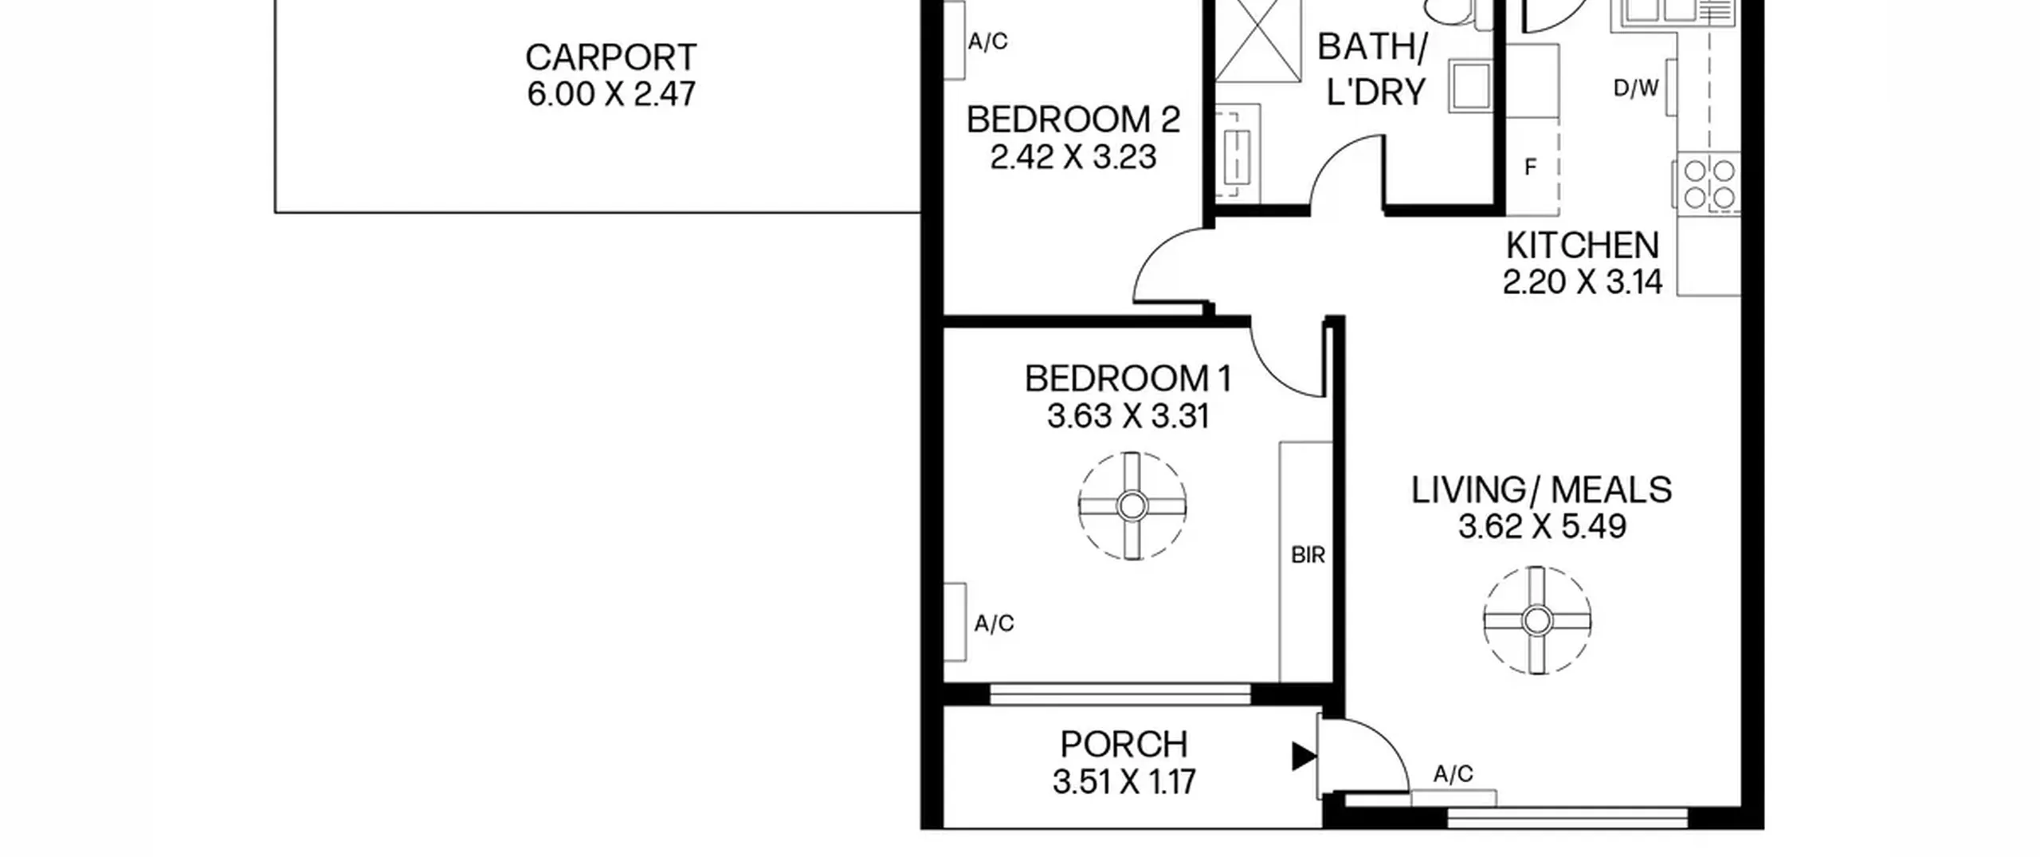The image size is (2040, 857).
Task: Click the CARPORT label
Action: (611, 57)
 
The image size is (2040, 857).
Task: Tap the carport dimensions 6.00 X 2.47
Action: (611, 94)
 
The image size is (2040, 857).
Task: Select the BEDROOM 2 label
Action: (1073, 120)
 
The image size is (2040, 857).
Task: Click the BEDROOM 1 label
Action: (1128, 379)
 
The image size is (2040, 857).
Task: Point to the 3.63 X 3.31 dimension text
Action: (1128, 416)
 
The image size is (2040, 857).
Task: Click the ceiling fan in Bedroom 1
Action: (1132, 505)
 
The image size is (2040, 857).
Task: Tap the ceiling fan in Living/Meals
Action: (1537, 620)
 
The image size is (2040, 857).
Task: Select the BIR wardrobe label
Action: (1308, 555)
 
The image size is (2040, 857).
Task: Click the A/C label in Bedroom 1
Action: (994, 623)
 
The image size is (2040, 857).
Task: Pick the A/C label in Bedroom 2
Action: (988, 41)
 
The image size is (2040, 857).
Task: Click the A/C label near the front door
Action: (1453, 773)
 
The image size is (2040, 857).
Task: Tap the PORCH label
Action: (1124, 745)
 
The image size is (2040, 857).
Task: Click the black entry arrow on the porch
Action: (1304, 757)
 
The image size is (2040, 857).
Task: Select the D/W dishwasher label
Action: (1636, 88)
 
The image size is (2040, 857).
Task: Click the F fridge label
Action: (1530, 167)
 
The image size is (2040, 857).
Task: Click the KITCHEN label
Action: (1582, 246)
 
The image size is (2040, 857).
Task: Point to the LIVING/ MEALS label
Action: (1541, 489)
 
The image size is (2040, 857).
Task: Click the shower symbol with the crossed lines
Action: (1257, 41)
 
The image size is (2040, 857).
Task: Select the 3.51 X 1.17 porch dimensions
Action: (1124, 782)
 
